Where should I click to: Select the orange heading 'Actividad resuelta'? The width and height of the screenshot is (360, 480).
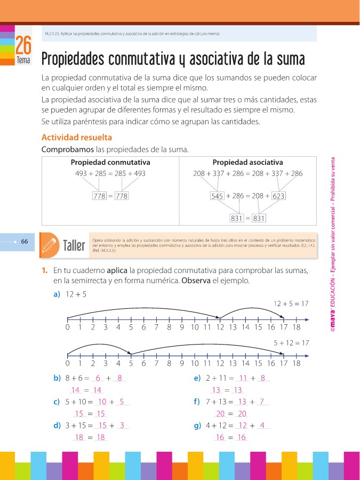coord(76,137)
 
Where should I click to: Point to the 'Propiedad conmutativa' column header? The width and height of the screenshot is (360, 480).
coord(110,162)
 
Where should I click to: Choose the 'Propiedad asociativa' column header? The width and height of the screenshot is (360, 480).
coord(247,162)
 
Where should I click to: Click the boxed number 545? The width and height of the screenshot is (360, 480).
coord(217,196)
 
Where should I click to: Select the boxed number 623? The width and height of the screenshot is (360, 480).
coord(278,196)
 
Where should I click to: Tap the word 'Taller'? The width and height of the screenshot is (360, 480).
coord(74,246)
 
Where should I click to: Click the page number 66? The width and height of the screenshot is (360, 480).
coord(25,242)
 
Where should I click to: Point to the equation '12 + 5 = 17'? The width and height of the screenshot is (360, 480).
coord(291,303)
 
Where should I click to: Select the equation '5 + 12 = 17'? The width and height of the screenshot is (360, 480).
coord(291,343)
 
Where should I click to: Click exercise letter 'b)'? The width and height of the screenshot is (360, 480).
coord(57,378)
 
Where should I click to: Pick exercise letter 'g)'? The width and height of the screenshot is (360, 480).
coord(197,426)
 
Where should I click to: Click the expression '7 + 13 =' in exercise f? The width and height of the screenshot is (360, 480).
coord(219,402)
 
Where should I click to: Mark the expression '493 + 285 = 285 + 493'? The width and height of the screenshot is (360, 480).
coord(110,173)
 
